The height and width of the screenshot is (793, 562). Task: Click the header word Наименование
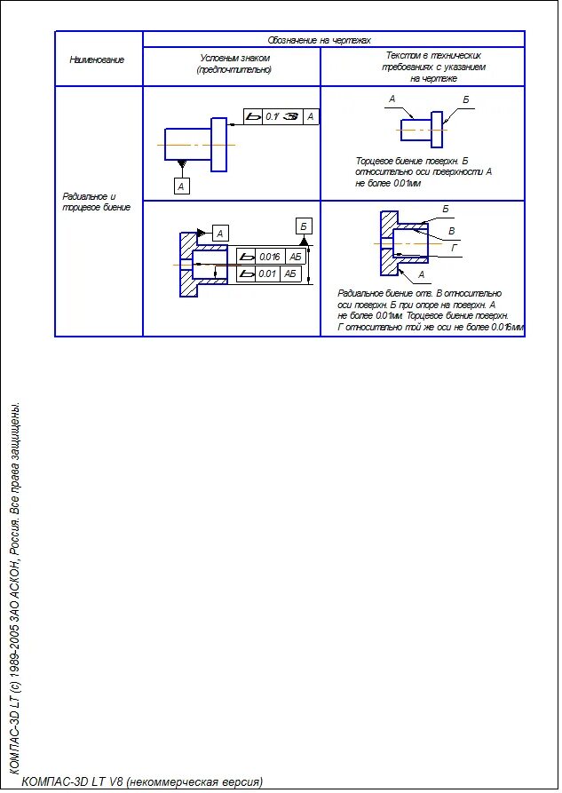click(97, 59)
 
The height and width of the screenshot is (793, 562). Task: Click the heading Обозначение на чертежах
click(319, 40)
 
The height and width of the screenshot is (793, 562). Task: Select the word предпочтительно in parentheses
click(234, 69)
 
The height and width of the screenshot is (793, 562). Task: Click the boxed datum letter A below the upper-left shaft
click(181, 186)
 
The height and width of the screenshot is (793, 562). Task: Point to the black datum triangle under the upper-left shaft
click(181, 166)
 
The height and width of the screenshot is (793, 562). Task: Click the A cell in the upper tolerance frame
click(310, 116)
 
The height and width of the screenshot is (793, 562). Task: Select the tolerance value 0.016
click(270, 257)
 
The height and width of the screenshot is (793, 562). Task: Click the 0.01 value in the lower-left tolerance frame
click(268, 274)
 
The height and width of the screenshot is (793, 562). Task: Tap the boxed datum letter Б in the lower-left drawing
click(304, 226)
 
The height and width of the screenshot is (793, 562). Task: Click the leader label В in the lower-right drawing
click(452, 231)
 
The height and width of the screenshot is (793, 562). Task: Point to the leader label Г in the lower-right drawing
click(455, 247)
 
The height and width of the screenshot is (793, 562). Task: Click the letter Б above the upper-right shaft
click(465, 99)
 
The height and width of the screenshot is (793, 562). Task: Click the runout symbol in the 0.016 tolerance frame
click(246, 257)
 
